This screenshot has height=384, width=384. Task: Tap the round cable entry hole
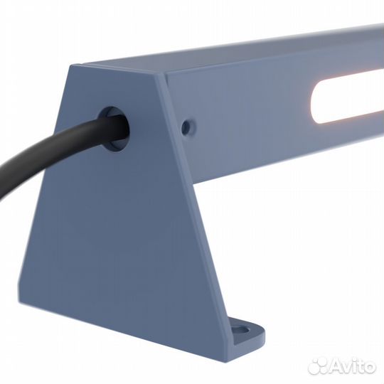[114, 128]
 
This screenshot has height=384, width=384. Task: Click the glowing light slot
[348, 100]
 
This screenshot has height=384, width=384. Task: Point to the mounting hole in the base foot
[242, 329]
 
